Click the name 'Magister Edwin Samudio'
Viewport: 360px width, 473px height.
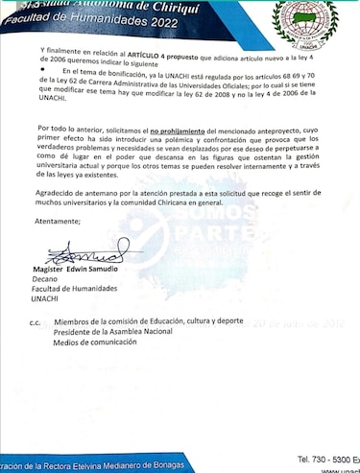click(82, 269)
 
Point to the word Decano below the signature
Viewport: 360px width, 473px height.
click(60, 280)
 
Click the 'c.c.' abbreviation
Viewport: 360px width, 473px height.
click(35, 322)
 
